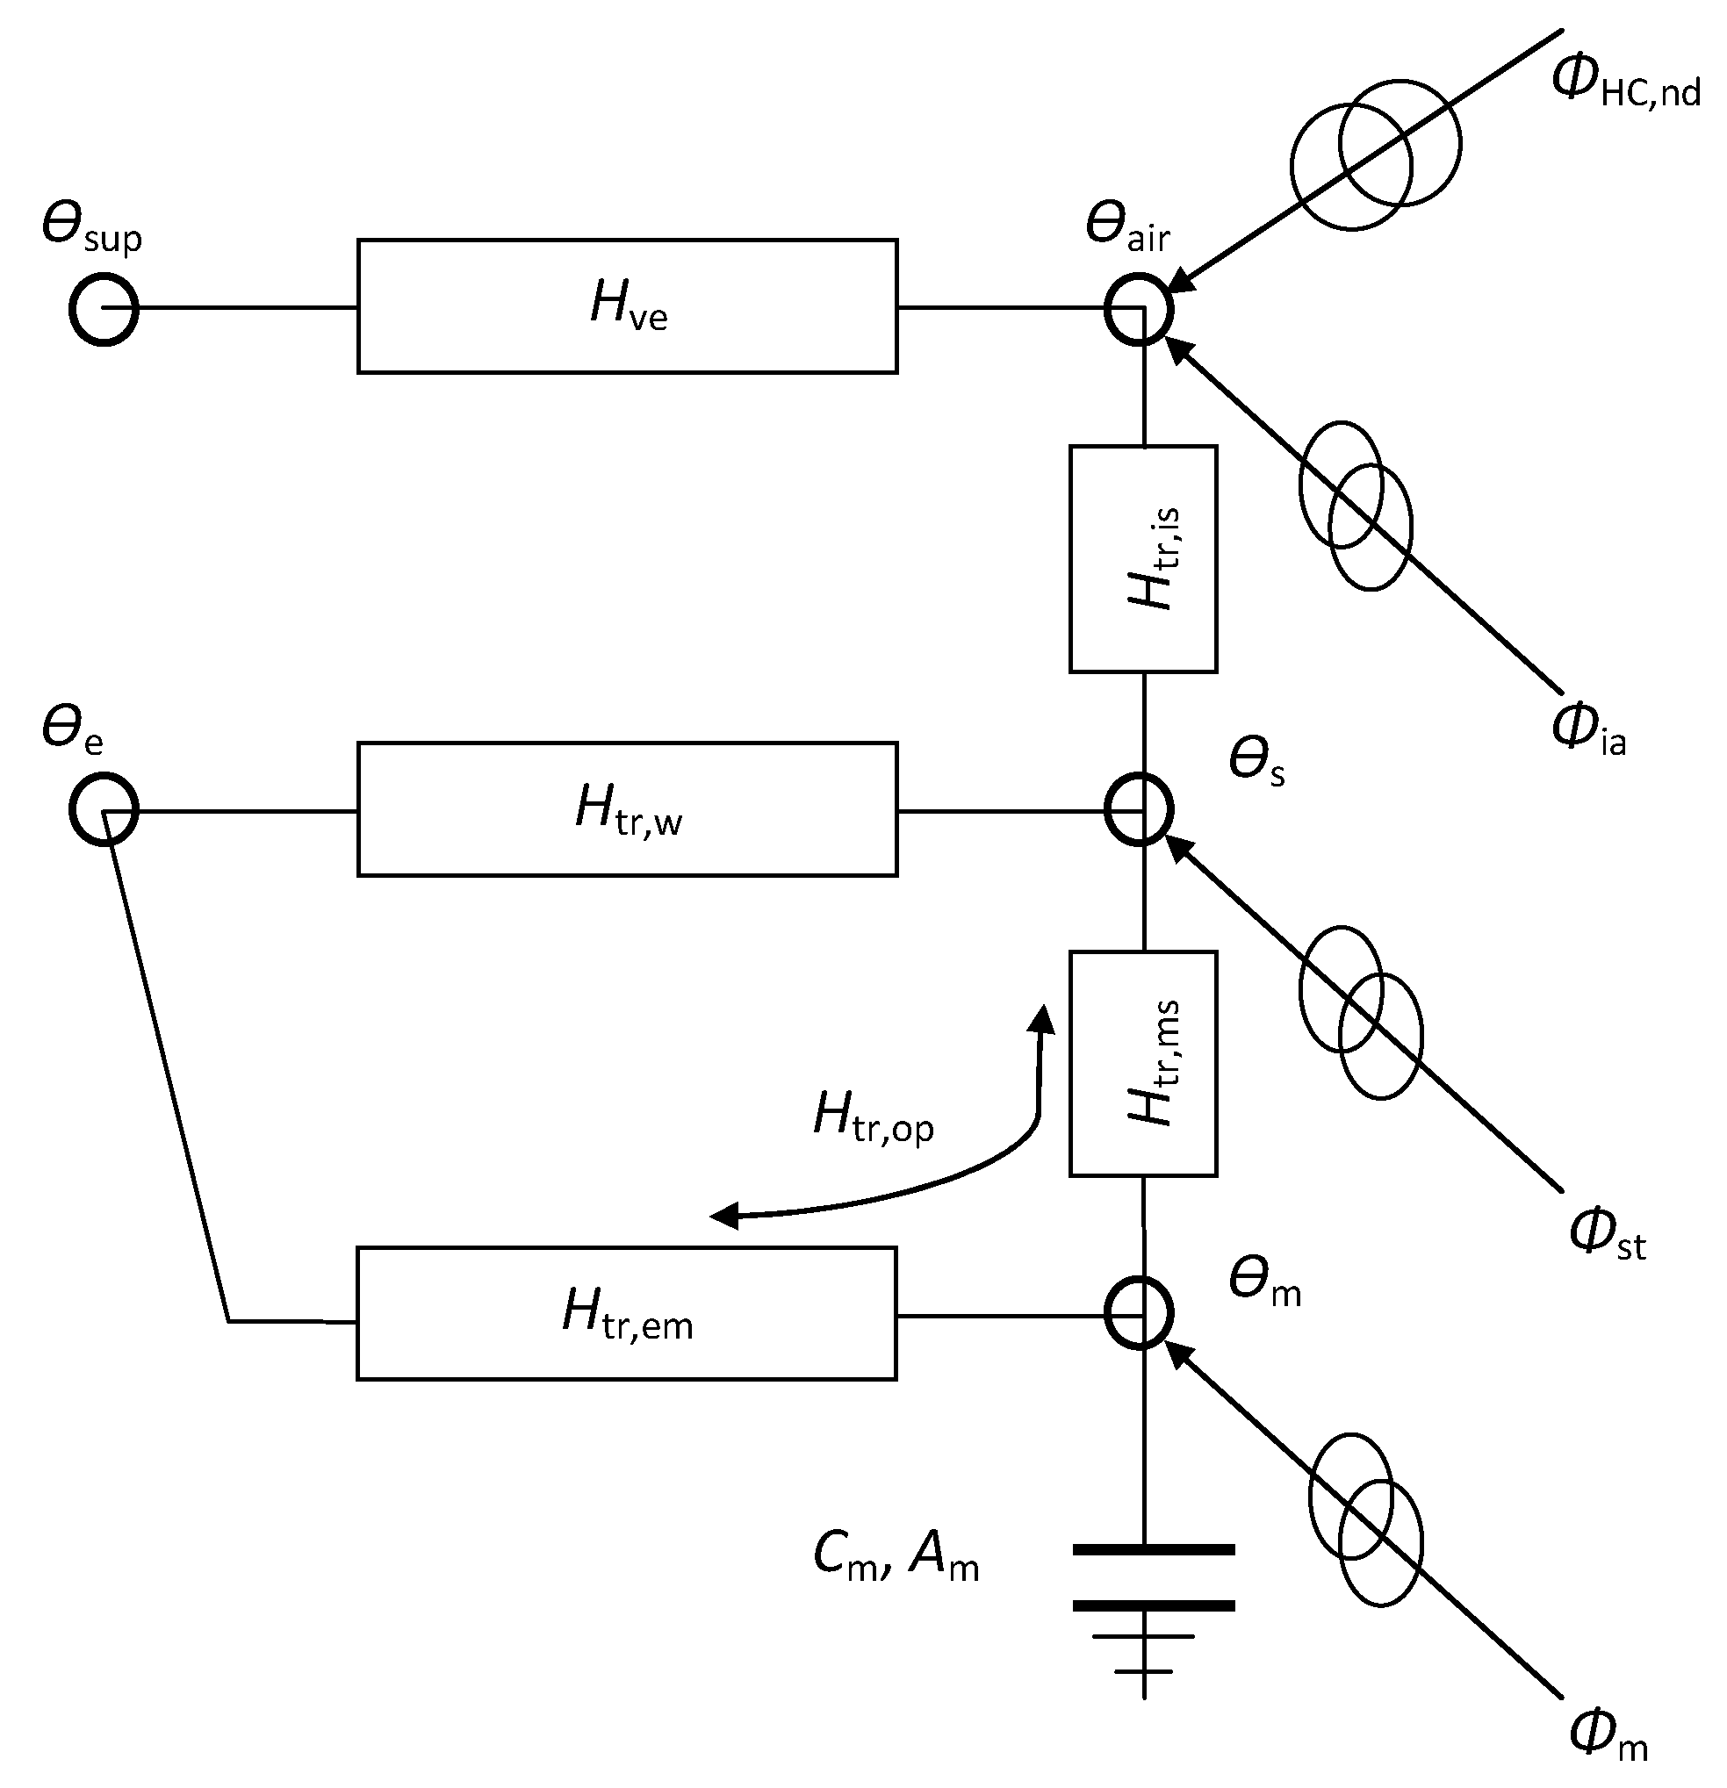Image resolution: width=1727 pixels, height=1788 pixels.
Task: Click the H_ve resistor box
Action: [627, 306]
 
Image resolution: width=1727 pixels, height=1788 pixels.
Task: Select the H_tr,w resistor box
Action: [627, 809]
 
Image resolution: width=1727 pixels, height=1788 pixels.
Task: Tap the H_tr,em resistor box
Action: [627, 1314]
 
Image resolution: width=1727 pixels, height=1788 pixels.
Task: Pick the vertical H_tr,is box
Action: [1142, 558]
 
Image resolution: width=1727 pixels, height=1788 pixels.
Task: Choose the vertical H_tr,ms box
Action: [1142, 1064]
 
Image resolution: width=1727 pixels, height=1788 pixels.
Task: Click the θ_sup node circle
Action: [103, 308]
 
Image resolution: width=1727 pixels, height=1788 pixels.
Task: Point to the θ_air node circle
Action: [1139, 309]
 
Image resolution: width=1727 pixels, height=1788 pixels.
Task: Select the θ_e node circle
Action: [103, 809]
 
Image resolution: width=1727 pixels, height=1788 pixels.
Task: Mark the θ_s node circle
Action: [1139, 809]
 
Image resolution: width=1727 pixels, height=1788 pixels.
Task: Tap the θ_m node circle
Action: [1139, 1314]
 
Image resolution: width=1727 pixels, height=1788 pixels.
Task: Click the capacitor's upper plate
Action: [1153, 1550]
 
